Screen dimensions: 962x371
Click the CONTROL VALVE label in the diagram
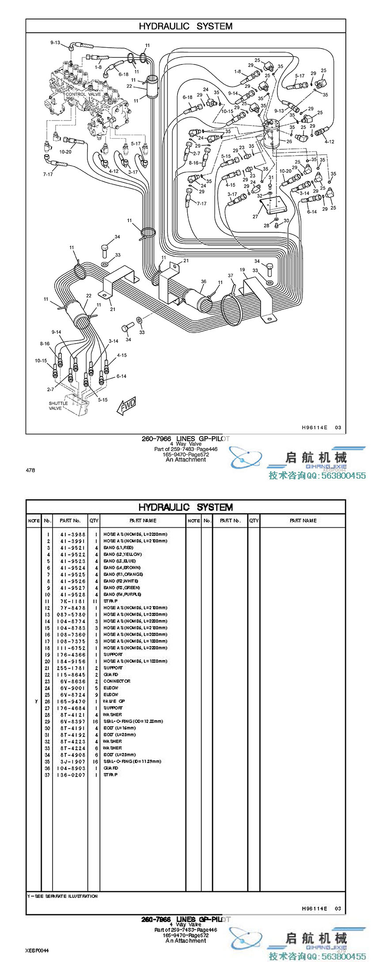(83, 94)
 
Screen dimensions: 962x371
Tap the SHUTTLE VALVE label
(58, 405)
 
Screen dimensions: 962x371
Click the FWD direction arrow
(127, 405)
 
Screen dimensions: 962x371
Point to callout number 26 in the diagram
(289, 142)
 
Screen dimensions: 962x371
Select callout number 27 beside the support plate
(255, 216)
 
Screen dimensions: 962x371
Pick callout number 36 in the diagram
(204, 281)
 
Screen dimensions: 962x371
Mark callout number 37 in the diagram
(230, 276)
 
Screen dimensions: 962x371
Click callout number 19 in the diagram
(242, 269)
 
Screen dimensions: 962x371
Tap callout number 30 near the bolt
(286, 220)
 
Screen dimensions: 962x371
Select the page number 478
(30, 470)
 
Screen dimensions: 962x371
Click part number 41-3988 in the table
(73, 534)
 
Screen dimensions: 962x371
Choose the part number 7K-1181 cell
(73, 601)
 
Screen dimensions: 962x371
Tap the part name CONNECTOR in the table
(117, 682)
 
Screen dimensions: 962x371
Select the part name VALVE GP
(114, 701)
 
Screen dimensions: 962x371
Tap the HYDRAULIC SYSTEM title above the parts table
(185, 507)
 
